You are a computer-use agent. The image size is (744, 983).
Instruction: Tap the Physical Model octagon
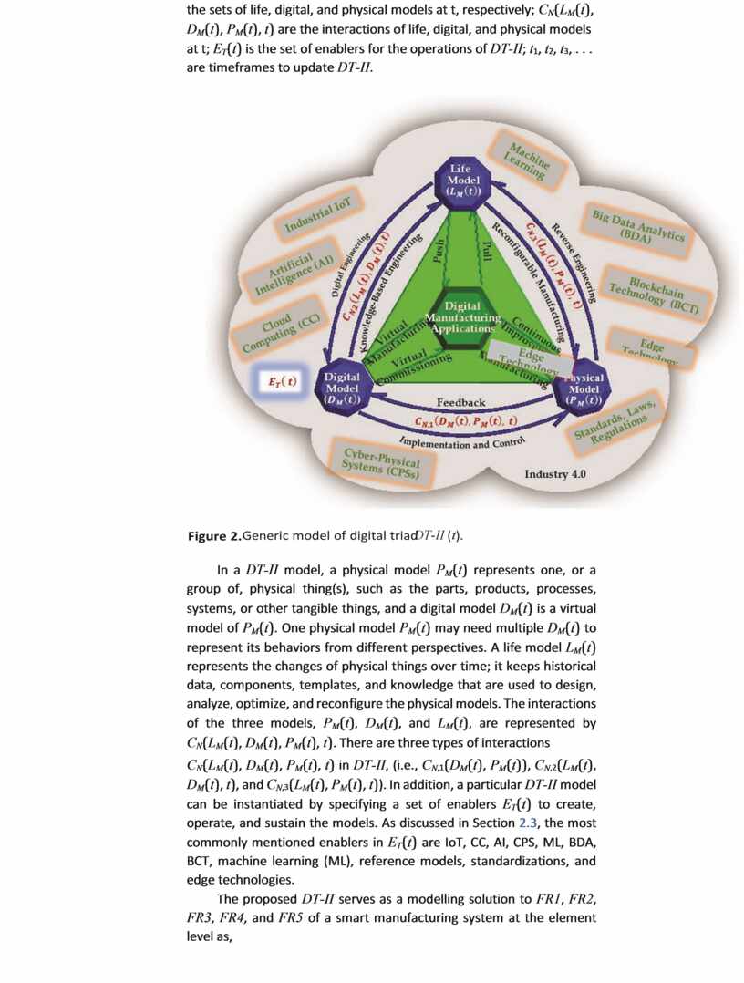tap(583, 388)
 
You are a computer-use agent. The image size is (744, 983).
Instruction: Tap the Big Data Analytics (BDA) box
tap(637, 225)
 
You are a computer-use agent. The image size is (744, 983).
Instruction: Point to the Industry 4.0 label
tap(555, 474)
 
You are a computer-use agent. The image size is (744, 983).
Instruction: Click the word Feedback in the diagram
tap(460, 402)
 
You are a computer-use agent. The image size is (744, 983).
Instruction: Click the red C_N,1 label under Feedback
tap(464, 422)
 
